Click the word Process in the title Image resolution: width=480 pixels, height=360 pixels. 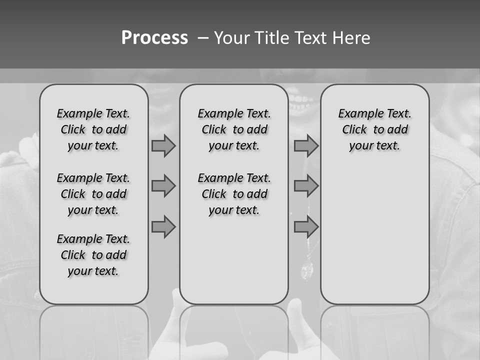154,38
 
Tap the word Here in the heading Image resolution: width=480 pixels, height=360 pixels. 350,38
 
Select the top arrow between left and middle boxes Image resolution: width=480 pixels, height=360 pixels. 163,146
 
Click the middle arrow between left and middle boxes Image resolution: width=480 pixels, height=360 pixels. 163,186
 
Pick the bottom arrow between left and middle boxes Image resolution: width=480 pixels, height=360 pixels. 163,226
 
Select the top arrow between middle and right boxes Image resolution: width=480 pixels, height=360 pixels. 306,146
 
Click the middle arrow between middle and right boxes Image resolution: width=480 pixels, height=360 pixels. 306,186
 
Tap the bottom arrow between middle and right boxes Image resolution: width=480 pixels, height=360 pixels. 306,226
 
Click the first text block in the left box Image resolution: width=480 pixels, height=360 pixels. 93,129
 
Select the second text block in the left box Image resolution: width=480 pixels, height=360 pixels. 93,194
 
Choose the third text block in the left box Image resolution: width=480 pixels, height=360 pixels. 93,255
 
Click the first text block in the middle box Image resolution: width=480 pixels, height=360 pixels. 234,129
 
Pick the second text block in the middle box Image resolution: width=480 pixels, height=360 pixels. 234,194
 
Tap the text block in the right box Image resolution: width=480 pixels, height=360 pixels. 374,129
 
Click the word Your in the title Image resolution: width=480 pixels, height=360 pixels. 230,38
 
